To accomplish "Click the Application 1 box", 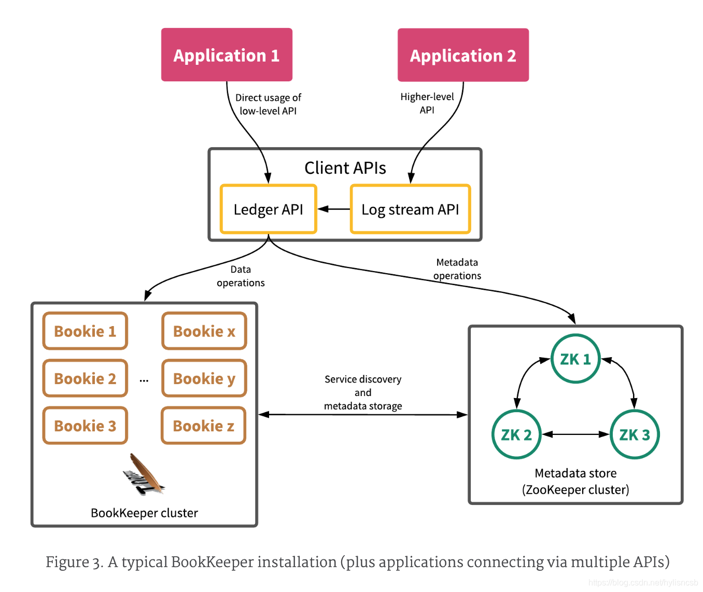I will [x=227, y=55].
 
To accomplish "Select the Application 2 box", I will [x=463, y=55].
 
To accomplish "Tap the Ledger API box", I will [x=268, y=209].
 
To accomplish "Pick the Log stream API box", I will [x=410, y=209].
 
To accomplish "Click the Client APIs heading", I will [x=345, y=168].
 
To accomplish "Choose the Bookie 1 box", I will [x=85, y=331].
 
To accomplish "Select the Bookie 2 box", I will [x=85, y=378].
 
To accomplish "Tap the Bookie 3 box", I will [x=85, y=426].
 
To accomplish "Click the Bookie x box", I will [x=204, y=331].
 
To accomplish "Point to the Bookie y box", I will [x=204, y=378].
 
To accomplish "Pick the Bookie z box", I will [x=203, y=426].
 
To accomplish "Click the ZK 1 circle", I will [x=575, y=359].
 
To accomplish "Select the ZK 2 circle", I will [x=516, y=434].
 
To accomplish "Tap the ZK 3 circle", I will [x=635, y=434].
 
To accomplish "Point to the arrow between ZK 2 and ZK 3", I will [x=575, y=434].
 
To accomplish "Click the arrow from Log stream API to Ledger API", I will [x=333, y=209].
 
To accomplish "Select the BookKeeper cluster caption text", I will [x=144, y=513].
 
